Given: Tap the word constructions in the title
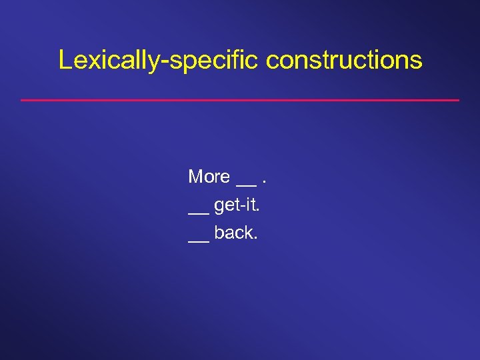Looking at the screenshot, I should [344, 60].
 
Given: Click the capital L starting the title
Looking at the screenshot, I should [65, 59].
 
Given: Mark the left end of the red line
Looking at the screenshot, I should [22, 100].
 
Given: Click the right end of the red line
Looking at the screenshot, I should [459, 100].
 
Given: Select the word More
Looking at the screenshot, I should [209, 177].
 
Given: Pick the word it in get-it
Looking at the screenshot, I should [249, 205].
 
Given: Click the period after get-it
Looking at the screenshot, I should [257, 210].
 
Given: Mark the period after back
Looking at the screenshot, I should [255, 238].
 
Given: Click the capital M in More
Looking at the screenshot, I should [195, 177].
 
